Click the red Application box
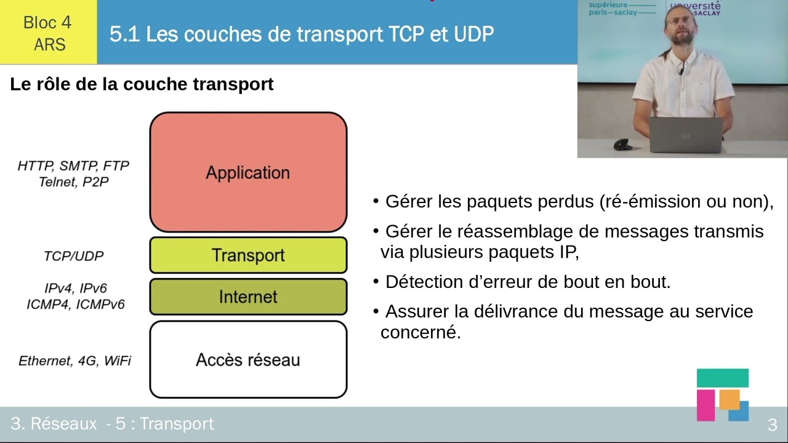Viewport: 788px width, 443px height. [x=248, y=172]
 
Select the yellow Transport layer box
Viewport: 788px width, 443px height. [x=248, y=255]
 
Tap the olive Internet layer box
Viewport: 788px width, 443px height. [x=248, y=297]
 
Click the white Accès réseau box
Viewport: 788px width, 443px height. [x=248, y=360]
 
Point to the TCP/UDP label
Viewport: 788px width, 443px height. [x=73, y=256]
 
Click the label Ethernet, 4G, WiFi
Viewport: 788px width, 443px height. [x=74, y=361]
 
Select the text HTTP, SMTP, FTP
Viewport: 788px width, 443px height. [x=73, y=166]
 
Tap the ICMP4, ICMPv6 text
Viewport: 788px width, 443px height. [x=76, y=305]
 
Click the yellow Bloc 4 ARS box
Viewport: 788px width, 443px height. [x=48, y=33]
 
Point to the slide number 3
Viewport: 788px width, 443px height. [x=772, y=425]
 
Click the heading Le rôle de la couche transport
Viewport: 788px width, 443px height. [x=142, y=84]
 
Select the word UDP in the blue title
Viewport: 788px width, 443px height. [x=473, y=34]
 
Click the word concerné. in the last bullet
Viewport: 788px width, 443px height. [x=420, y=333]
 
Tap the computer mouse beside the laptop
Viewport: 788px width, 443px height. [x=623, y=145]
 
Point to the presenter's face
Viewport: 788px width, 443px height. [x=680, y=28]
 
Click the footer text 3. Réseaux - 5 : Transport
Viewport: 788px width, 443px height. [x=112, y=424]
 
